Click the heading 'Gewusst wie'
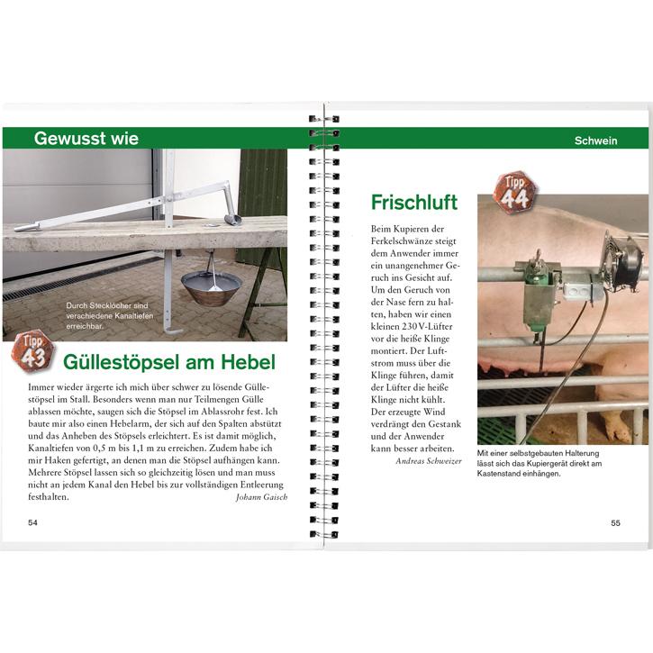click(x=86, y=139)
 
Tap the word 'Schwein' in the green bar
click(x=595, y=141)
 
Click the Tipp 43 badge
click(x=33, y=350)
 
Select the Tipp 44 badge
click(x=514, y=193)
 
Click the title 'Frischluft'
click(x=414, y=203)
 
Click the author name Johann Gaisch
click(x=261, y=497)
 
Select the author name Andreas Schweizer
click(x=429, y=461)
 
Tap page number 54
click(x=32, y=522)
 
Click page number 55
click(x=615, y=523)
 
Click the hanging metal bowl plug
click(x=212, y=287)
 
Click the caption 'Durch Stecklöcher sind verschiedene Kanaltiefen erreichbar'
click(x=110, y=315)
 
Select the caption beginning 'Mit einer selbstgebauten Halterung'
click(x=540, y=463)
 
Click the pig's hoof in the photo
click(x=615, y=428)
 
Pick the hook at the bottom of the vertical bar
click(x=173, y=331)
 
